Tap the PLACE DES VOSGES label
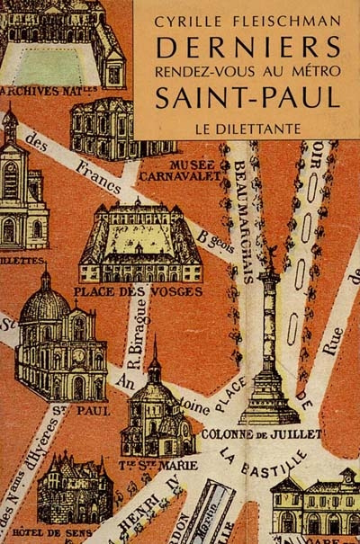(x=139, y=290)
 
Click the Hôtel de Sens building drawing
(x=74, y=486)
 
